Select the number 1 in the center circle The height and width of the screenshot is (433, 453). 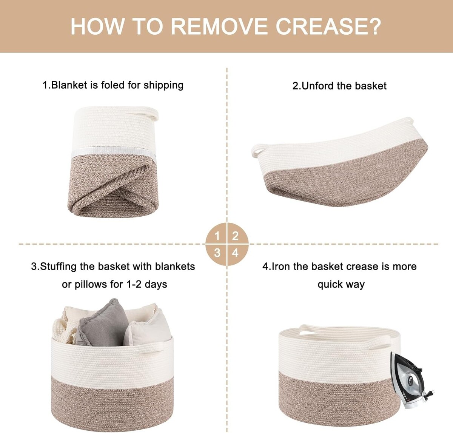point(217,236)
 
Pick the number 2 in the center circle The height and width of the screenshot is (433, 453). point(235,236)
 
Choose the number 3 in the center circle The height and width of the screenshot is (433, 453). point(217,253)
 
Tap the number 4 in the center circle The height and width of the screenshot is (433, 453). point(235,253)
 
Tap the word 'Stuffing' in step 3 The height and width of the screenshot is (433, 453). point(58,267)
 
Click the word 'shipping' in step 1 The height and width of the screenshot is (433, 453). point(163,85)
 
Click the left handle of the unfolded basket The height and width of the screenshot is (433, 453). point(257,151)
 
